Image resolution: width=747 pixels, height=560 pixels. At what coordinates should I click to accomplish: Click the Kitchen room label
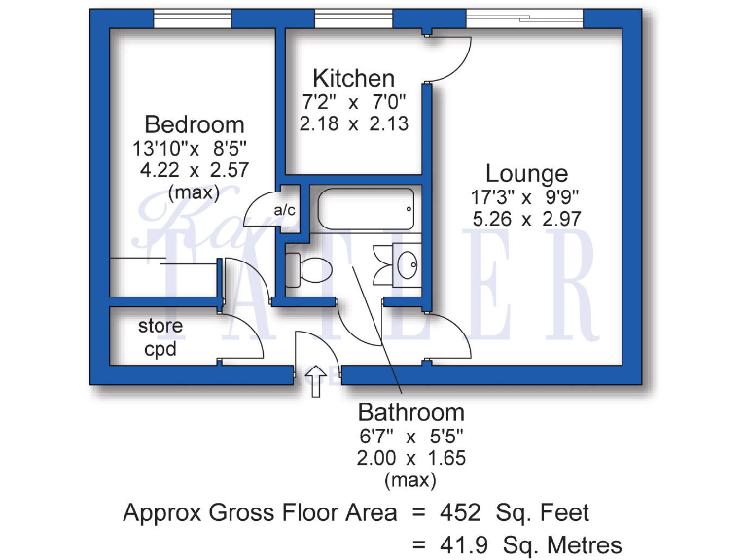pos(353,78)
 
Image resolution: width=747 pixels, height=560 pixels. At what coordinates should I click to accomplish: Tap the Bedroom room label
pos(195,124)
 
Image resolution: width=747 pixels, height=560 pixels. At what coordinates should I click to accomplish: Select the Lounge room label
pos(526,174)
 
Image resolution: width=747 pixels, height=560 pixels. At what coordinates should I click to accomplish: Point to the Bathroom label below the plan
pos(410,411)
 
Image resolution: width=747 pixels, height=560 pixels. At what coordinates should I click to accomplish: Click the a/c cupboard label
pos(285,210)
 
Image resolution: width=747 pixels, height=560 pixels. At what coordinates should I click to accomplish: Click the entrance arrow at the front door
pos(316,383)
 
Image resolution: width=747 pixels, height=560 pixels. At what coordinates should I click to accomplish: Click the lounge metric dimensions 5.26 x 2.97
pos(526,220)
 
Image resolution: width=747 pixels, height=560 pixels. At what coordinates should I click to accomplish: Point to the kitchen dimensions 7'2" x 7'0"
pos(353,101)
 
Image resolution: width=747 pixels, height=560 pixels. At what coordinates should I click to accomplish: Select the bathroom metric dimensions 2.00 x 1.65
pos(410,457)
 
